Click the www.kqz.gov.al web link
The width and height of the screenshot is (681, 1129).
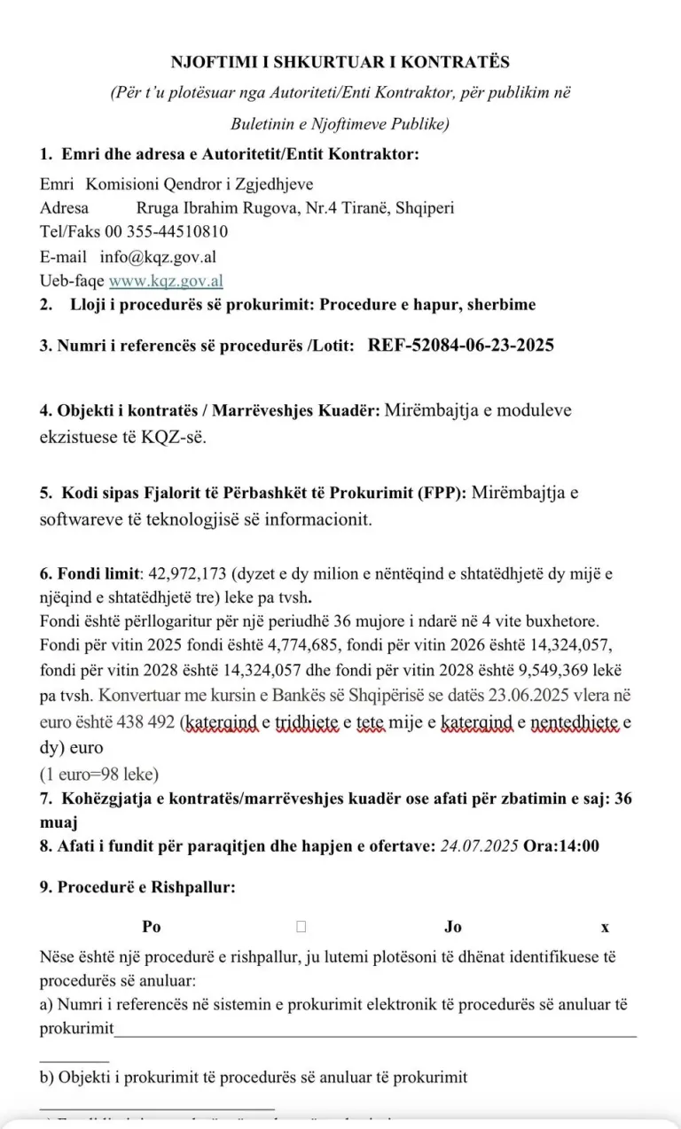click(166, 281)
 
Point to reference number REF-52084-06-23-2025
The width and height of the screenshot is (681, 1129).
click(461, 346)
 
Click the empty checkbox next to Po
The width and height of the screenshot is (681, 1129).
click(301, 927)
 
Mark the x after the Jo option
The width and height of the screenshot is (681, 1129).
click(605, 927)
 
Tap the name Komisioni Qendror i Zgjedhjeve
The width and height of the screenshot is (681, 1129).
click(200, 184)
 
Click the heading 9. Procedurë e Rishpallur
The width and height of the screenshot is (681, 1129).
click(137, 886)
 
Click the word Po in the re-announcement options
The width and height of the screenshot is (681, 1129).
click(152, 927)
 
